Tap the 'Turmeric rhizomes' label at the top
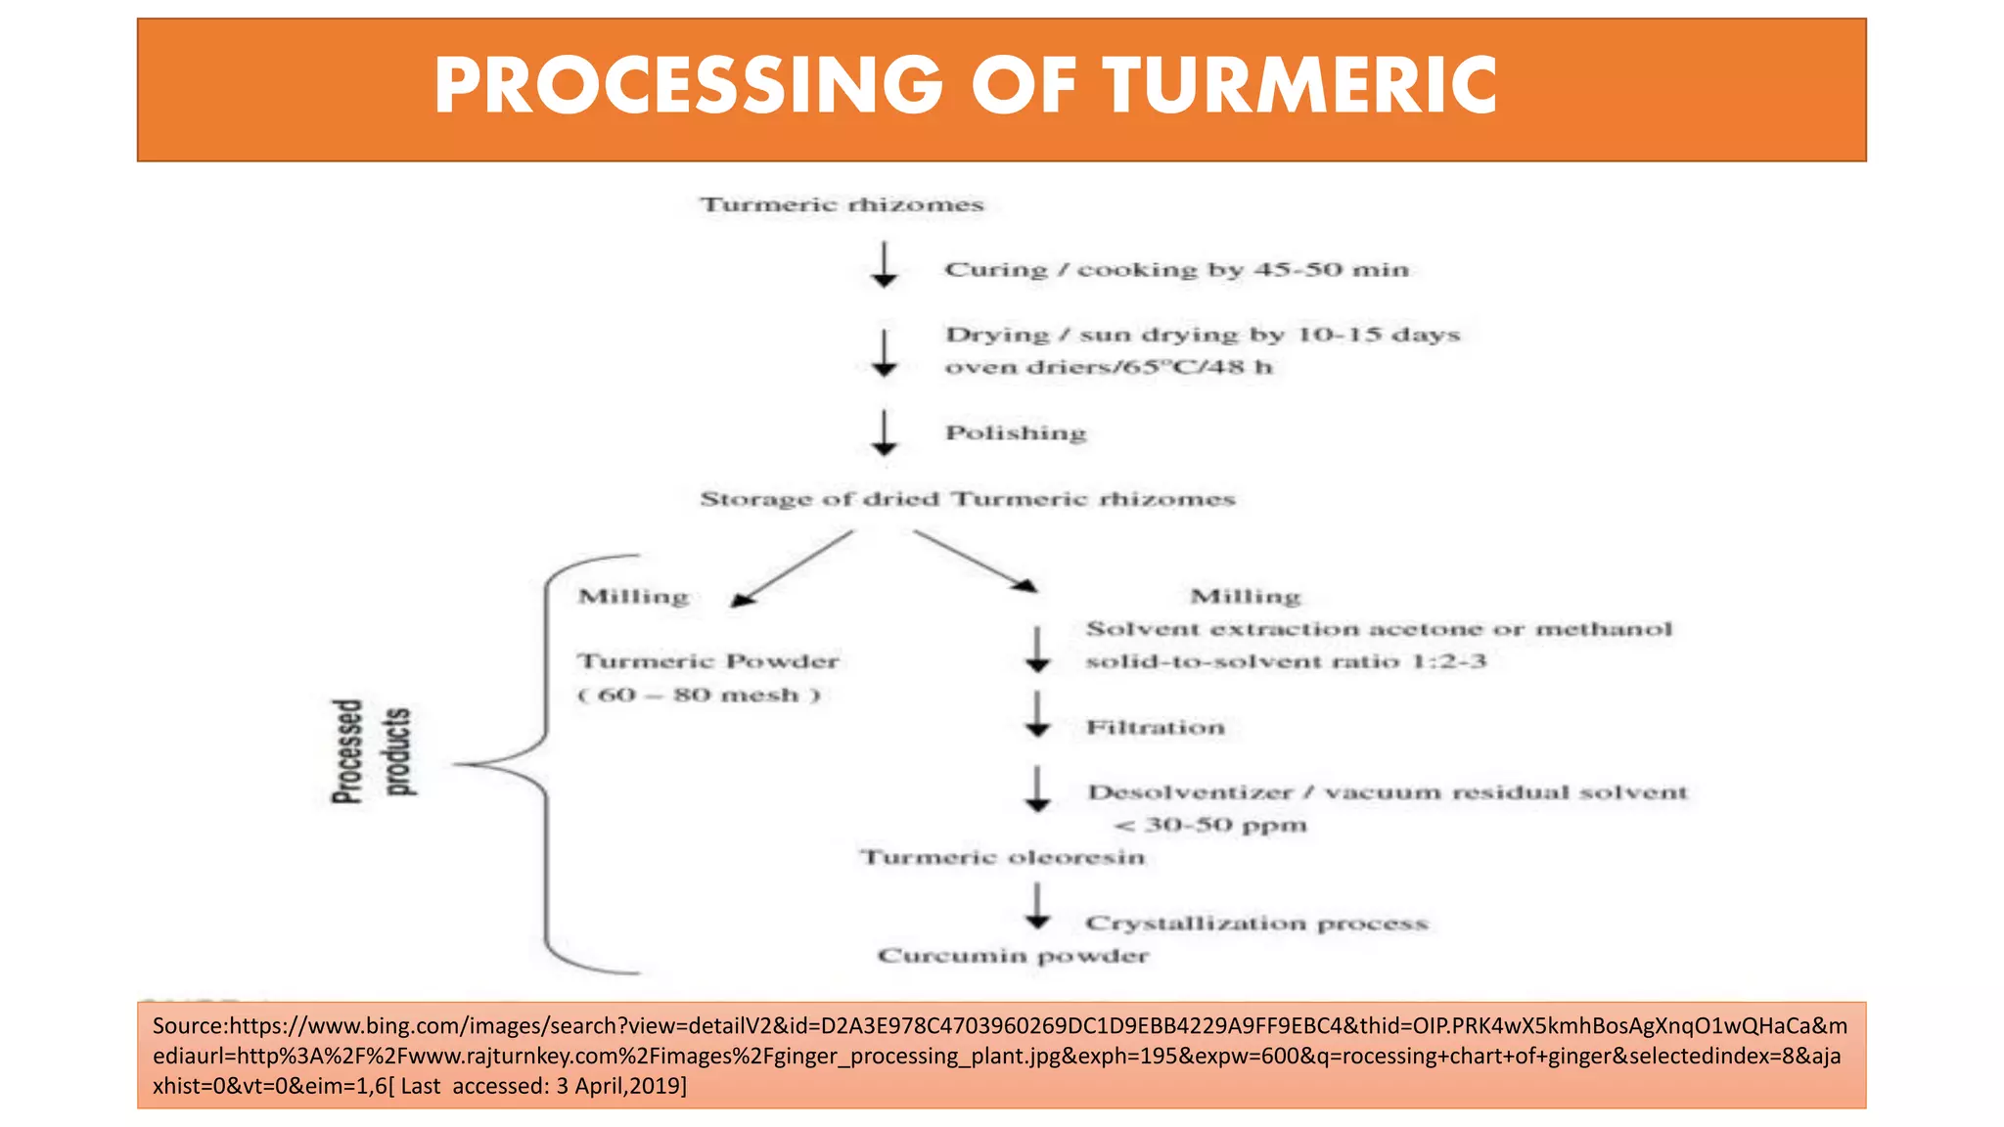tap(842, 204)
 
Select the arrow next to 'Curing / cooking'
tap(885, 265)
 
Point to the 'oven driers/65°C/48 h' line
tap(1108, 367)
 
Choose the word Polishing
tap(1016, 432)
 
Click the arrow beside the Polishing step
tap(885, 433)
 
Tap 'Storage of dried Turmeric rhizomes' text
tap(967, 499)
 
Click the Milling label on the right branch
tap(1245, 596)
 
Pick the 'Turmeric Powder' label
tap(707, 661)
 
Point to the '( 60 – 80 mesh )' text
tap(699, 695)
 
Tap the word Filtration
tap(1155, 727)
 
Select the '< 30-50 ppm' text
tap(1210, 825)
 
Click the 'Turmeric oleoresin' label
tap(1002, 857)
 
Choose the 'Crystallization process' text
tap(1256, 923)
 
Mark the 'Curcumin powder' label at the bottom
tap(1013, 956)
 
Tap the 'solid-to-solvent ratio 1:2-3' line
tap(1286, 661)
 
